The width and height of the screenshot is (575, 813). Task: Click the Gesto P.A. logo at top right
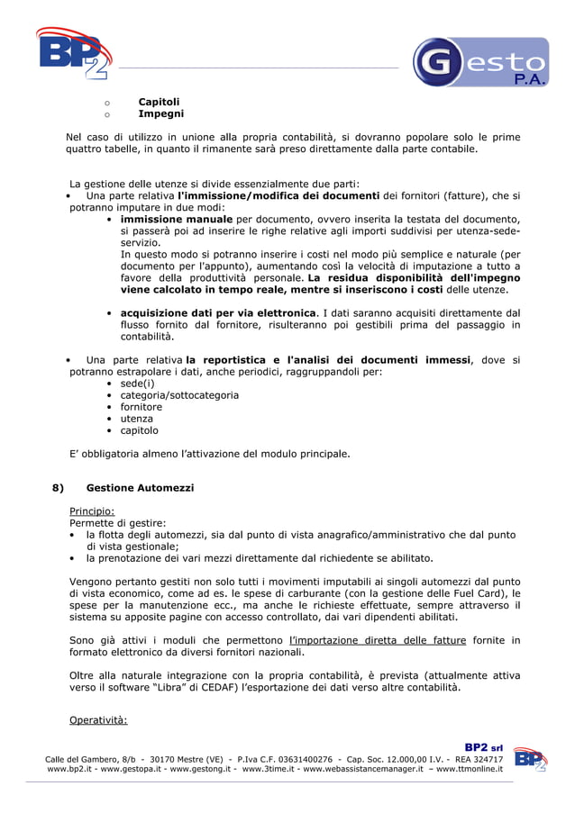pyautogui.click(x=480, y=62)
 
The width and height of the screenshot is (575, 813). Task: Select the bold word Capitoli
pyautogui.click(x=159, y=102)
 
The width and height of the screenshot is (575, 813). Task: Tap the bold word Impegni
pyautogui.click(x=160, y=114)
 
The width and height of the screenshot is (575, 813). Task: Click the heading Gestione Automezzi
pyautogui.click(x=140, y=488)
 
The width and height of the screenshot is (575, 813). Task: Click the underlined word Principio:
pyautogui.click(x=92, y=510)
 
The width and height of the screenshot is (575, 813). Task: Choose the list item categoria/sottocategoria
pyautogui.click(x=179, y=394)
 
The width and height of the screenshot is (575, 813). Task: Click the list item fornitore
pyautogui.click(x=141, y=406)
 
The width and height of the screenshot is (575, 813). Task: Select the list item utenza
pyautogui.click(x=137, y=418)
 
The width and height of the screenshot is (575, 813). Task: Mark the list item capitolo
pyautogui.click(x=140, y=429)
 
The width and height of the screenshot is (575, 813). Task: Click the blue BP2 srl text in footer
pyautogui.click(x=483, y=746)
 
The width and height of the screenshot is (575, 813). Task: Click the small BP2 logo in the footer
pyautogui.click(x=530, y=760)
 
